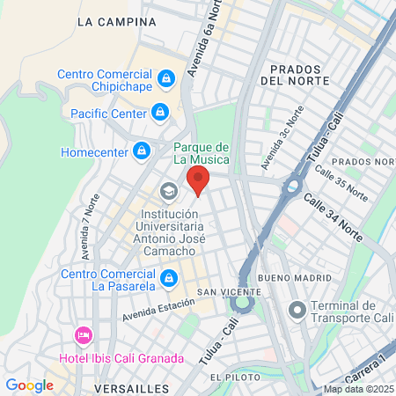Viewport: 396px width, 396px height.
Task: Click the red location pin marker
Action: click(198, 180)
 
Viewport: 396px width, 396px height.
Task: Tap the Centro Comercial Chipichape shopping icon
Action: click(165, 81)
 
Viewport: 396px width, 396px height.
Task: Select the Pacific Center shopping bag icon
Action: click(159, 112)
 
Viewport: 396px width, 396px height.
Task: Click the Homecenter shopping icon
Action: click(140, 151)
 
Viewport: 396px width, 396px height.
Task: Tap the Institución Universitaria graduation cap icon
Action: click(167, 191)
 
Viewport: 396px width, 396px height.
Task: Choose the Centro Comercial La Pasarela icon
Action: click(170, 278)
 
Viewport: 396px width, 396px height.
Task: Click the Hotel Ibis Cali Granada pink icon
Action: click(84, 334)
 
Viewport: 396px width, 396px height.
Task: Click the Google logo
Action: click(30, 385)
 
